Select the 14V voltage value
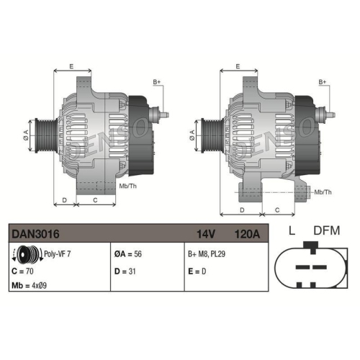207,233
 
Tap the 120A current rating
247,233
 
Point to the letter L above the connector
292,231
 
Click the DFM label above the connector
328,231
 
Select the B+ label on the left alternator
157,83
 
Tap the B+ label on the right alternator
323,83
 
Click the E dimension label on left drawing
71,66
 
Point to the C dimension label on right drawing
277,209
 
